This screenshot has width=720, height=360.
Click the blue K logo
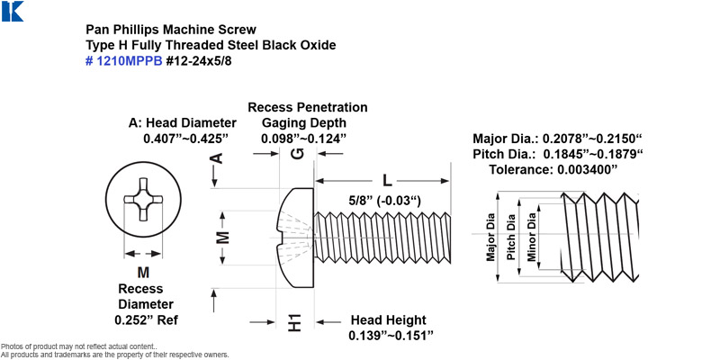(x=13, y=11)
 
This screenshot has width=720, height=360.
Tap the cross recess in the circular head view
(x=143, y=199)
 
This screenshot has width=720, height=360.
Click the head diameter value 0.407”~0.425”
(x=186, y=139)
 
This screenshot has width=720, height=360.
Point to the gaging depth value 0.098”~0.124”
(x=303, y=139)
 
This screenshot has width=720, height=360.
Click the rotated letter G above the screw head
(x=298, y=154)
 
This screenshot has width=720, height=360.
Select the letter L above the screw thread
(x=388, y=181)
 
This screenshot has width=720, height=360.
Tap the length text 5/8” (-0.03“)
(x=385, y=201)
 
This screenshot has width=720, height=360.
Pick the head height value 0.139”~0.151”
(x=391, y=335)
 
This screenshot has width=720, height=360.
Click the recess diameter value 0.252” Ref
(x=146, y=320)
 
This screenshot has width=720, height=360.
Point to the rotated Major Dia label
(x=490, y=237)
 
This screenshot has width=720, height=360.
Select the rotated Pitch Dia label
(x=511, y=237)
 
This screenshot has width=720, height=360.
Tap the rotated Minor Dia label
(x=531, y=237)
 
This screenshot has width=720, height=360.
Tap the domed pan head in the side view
(x=296, y=238)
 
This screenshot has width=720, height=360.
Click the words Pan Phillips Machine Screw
(x=171, y=30)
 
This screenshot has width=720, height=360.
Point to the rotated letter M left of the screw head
(x=222, y=238)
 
